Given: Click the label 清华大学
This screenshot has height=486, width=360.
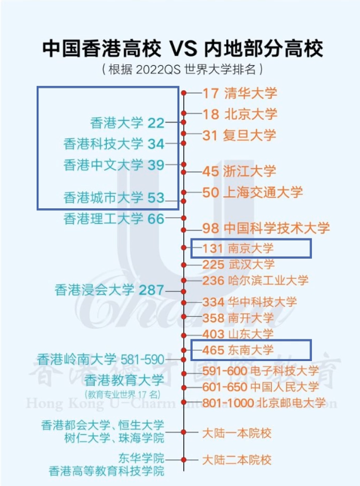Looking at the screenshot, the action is (251, 93).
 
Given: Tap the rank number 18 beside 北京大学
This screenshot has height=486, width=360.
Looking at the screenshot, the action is (211, 114).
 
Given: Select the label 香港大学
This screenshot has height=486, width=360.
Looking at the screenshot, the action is (117, 123).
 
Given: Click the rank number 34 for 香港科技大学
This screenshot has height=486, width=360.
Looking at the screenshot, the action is (155, 144).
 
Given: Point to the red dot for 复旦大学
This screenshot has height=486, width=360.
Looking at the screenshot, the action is (184, 134).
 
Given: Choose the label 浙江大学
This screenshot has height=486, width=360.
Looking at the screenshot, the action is (249, 172).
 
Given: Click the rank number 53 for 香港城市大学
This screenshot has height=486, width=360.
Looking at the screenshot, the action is (155, 198).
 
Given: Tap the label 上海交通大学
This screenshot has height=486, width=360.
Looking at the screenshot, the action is (263, 192).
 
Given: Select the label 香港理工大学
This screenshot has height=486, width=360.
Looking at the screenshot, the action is (103, 219).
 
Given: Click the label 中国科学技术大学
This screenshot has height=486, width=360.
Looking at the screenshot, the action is (277, 228).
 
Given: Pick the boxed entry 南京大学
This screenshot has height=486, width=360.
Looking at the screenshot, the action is (251, 248).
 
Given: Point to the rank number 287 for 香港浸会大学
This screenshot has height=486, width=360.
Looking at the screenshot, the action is (151, 290).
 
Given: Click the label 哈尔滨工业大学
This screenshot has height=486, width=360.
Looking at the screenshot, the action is (268, 280).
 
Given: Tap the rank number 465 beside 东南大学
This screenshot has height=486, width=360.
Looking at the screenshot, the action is (213, 350).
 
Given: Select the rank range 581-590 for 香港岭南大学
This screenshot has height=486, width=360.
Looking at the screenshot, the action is (142, 360).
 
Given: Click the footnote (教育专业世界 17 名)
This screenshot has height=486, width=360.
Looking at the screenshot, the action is (123, 394).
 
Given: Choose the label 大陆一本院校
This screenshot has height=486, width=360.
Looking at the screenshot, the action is (237, 433).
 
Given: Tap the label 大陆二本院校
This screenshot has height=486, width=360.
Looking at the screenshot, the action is (237, 460).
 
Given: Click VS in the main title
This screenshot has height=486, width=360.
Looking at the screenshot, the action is (183, 49).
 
